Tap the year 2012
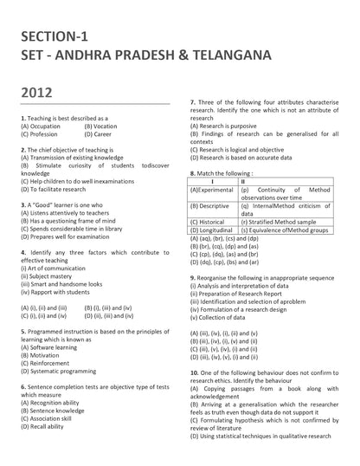(37, 90)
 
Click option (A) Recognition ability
(51, 404)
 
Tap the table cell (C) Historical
(208, 223)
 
